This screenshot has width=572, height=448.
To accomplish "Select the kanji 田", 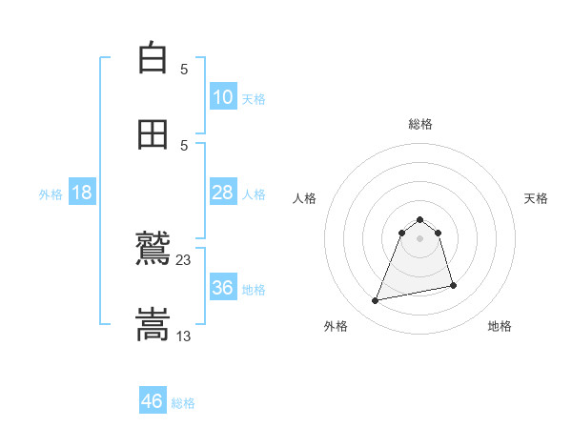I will tap(153, 134).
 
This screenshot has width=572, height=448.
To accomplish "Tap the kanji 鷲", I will tap(153, 250).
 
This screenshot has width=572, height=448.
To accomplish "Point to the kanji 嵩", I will tap(153, 325).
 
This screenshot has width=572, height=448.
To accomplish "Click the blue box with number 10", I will tap(222, 97).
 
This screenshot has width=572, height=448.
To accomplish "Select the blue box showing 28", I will tap(222, 193).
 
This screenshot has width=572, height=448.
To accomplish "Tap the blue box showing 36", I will tap(222, 288).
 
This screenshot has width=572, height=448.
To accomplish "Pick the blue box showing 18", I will tap(82, 193).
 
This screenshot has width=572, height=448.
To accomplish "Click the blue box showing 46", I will tap(153, 401).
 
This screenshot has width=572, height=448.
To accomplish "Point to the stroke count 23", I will tap(184, 260).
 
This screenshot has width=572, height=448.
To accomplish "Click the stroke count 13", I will tap(184, 336).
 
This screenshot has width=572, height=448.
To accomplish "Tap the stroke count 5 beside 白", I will tap(184, 69).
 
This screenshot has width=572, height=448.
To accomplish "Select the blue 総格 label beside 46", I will tap(183, 403).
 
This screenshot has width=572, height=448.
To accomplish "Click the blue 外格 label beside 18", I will tap(51, 194).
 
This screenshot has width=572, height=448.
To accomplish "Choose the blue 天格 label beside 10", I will tap(254, 99).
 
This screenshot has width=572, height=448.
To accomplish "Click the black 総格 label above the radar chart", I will tap(420, 124).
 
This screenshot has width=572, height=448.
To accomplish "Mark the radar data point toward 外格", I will tap(376, 301).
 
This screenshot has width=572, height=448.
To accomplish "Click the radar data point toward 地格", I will tap(453, 286).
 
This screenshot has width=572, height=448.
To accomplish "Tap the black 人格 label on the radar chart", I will tap(305, 198).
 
